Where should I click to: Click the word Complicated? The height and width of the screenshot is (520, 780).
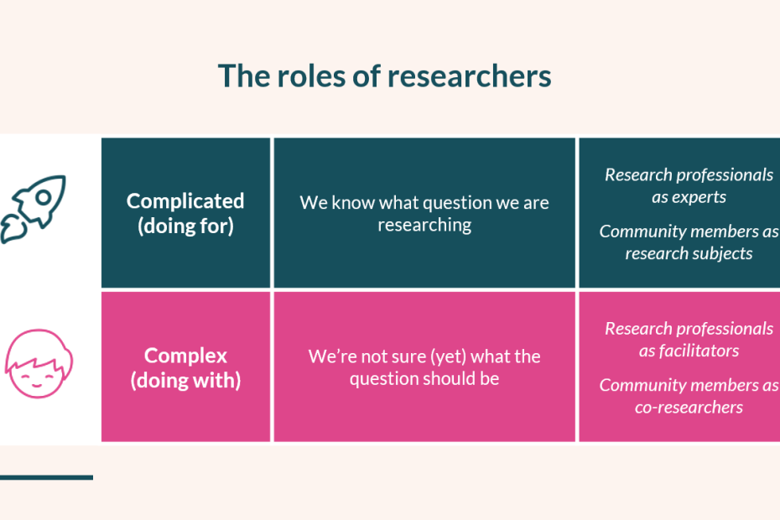click(x=185, y=201)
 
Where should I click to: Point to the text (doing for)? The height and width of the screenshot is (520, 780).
click(x=185, y=226)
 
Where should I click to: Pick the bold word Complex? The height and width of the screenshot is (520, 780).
click(x=185, y=355)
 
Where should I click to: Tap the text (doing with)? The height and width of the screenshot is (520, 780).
click(x=185, y=380)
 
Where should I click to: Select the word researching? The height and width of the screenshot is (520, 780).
click(x=424, y=225)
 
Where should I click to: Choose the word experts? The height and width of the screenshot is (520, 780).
click(x=703, y=197)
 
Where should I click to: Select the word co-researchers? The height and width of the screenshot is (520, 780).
click(x=689, y=408)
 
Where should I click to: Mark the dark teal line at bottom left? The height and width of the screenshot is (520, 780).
click(x=46, y=477)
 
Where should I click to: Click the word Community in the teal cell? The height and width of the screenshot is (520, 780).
click(x=639, y=231)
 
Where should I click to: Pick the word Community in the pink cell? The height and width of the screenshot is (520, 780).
click(x=639, y=386)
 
